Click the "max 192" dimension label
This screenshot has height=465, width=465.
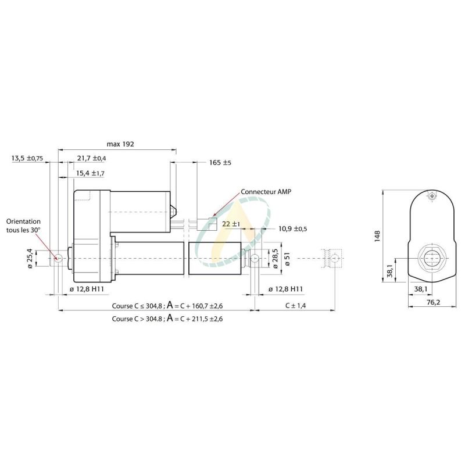click(121, 143)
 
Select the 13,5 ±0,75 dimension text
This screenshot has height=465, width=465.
click(27, 158)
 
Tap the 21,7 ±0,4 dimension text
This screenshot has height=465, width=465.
click(91, 158)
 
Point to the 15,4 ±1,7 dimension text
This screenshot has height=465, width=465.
click(90, 173)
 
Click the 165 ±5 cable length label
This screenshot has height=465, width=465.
click(220, 163)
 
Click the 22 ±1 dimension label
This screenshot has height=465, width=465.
click(232, 224)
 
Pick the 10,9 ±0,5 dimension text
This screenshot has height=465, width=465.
click(293, 228)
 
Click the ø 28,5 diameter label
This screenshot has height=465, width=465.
click(275, 257)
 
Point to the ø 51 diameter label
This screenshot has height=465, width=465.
click(288, 257)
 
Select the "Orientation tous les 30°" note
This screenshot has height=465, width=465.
click(24, 226)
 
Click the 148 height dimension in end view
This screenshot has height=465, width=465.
click(378, 235)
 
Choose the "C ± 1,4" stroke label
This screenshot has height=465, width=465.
click(295, 305)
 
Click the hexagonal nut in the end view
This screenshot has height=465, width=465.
click(431, 257)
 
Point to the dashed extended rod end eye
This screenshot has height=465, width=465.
click(333, 257)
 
